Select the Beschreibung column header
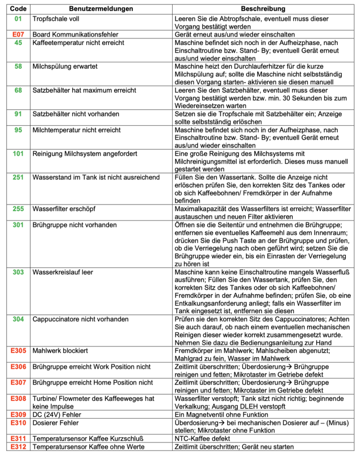tap(263, 9)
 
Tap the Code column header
tap(18, 9)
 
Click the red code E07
tap(18, 34)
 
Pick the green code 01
tap(18, 19)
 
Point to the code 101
tap(18, 154)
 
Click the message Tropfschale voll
tap(56, 19)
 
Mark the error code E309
tap(18, 414)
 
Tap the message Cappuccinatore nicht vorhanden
tap(80, 319)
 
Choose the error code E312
tap(18, 446)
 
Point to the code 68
tap(18, 90)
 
